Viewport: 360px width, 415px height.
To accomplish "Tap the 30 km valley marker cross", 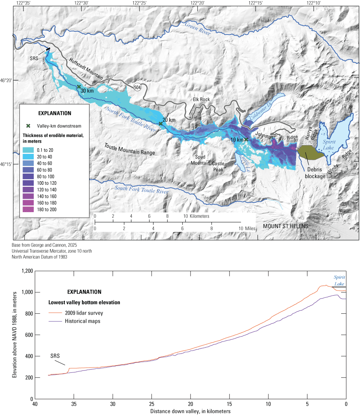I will [x=79, y=87].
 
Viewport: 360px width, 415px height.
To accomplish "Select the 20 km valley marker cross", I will [x=161, y=124].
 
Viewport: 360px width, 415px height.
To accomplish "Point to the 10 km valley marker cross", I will [x=246, y=139].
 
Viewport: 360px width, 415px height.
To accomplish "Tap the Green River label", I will [x=198, y=29].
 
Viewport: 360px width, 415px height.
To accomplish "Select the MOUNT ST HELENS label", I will [x=286, y=226].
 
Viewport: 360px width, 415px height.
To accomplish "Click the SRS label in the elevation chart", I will [x=56, y=356].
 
